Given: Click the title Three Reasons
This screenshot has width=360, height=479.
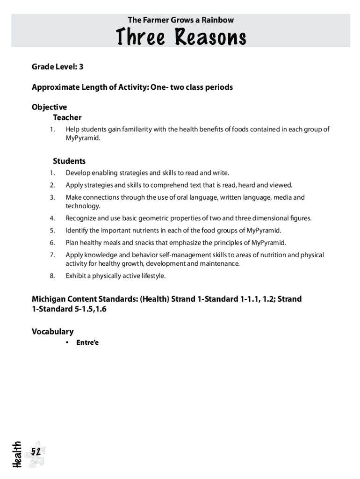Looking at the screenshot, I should coord(180,37).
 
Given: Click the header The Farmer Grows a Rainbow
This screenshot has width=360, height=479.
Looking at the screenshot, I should coord(180,20).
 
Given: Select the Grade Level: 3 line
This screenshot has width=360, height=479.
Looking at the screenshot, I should coord(58,67).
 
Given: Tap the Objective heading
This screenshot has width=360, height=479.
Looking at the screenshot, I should coord(49,107).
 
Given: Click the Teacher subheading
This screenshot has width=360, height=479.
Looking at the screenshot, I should coord(67,117).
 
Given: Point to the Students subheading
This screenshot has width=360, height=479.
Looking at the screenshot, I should coord(69,161).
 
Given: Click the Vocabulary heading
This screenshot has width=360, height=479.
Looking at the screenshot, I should coord(52,332).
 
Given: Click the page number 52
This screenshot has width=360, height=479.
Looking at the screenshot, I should coord(36,451).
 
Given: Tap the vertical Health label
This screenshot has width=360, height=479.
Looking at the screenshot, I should coord(17,454).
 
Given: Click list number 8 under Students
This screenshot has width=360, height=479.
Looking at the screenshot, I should coord(52,276).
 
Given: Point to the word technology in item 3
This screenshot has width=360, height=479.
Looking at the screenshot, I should coord(83,206).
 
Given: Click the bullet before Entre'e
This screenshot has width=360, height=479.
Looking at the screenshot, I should coord(67,342).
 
